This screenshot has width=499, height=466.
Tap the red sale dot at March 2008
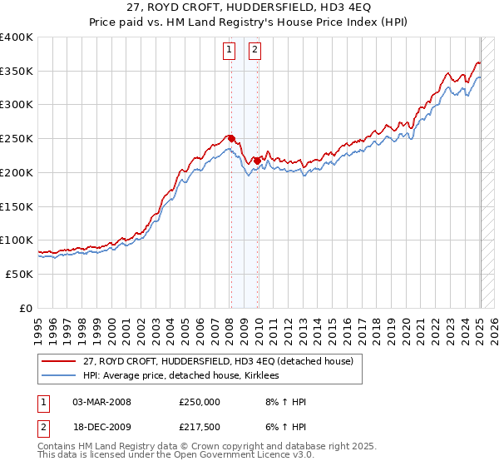231,138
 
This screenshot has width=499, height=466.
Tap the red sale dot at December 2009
258,161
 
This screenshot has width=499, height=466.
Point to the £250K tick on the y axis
17,138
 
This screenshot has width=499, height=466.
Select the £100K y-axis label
17,240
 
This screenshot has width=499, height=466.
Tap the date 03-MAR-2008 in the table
101,402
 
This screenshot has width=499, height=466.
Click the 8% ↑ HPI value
283,402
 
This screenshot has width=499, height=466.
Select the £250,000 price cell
200,402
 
